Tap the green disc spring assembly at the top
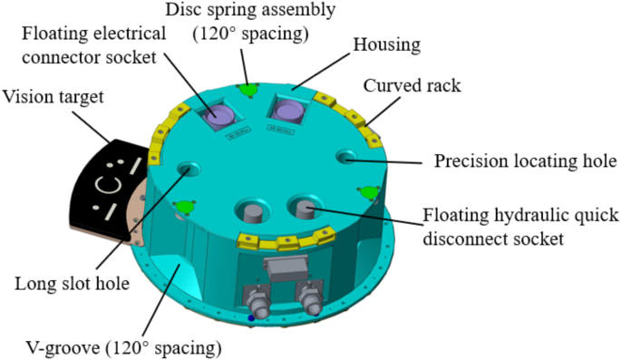247,87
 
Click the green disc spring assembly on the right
368,191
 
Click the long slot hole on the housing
189,170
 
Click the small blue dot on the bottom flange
251,317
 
